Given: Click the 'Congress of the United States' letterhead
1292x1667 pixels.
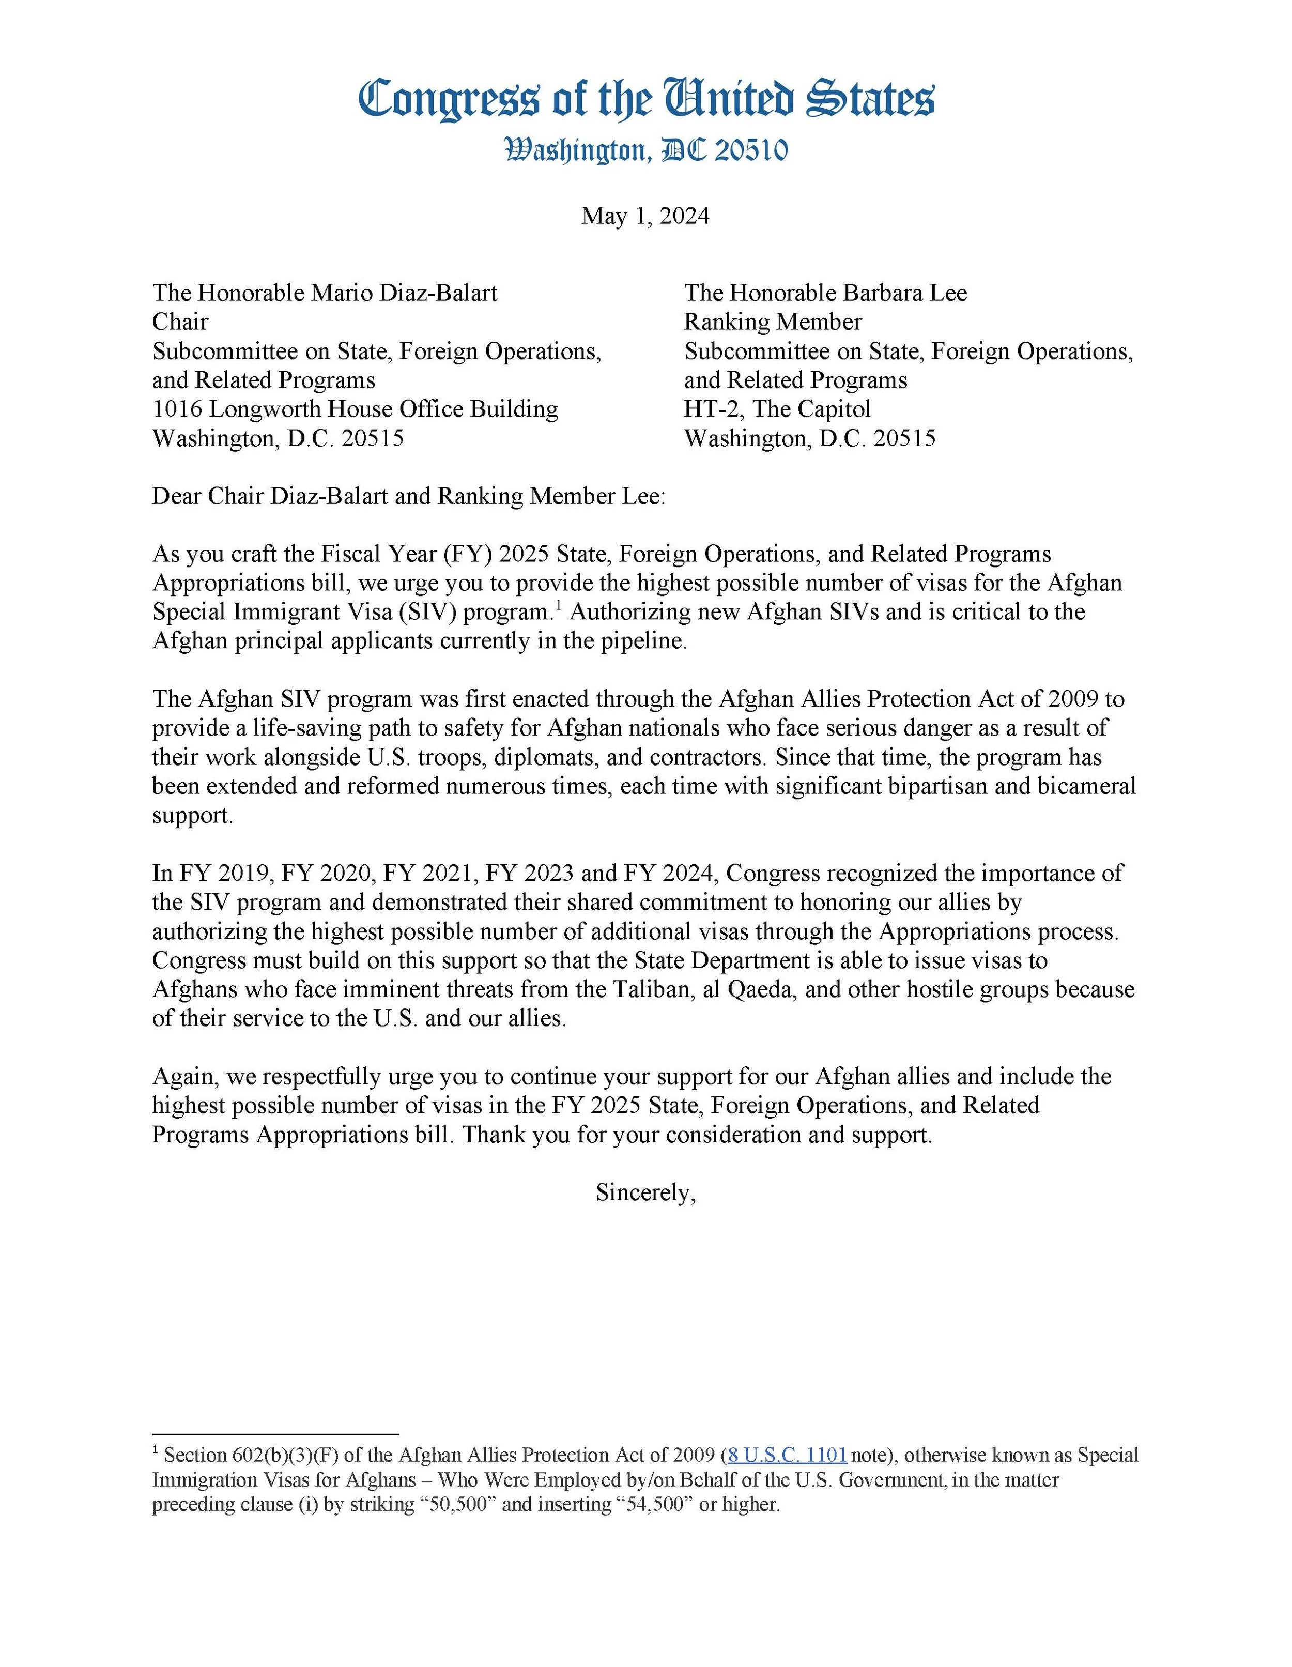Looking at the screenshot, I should (645, 99).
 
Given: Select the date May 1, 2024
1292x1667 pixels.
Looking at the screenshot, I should (645, 216).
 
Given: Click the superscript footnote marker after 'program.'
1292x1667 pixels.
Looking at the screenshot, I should (559, 605).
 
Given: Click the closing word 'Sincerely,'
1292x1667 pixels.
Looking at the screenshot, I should (645, 1192).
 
